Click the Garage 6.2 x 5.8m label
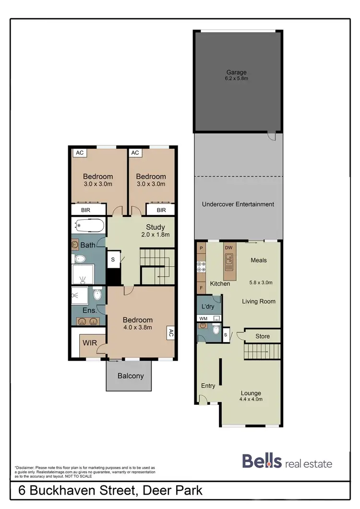click(x=238, y=75)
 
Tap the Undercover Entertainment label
click(x=238, y=204)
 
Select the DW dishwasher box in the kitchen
click(x=229, y=248)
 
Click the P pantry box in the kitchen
click(x=201, y=248)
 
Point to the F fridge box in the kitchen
click(x=201, y=288)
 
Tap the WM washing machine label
click(x=203, y=318)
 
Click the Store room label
click(x=262, y=337)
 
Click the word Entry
click(x=208, y=386)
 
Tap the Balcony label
click(x=131, y=376)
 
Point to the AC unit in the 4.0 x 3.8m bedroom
click(x=170, y=333)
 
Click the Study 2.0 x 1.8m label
click(x=155, y=230)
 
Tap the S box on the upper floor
click(x=113, y=259)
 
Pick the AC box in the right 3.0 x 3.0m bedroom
click(x=135, y=153)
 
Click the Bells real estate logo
click(x=287, y=462)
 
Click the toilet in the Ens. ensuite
click(x=97, y=294)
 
